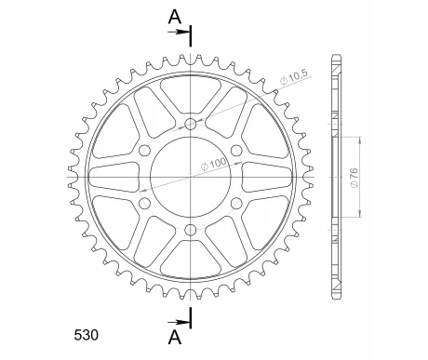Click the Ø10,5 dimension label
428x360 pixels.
pos(293,78)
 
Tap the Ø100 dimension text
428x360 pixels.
pos(213,164)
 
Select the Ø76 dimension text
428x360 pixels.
pos(354,178)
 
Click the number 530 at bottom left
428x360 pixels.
pos(87,335)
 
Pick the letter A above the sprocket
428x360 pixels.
pos(175,17)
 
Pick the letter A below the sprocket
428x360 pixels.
pos(175,337)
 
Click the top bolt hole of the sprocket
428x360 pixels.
pos(191,124)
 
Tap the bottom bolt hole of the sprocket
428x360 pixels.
pos(191,230)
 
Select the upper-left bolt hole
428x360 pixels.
pos(144,151)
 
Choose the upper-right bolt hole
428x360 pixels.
pos(236,151)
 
